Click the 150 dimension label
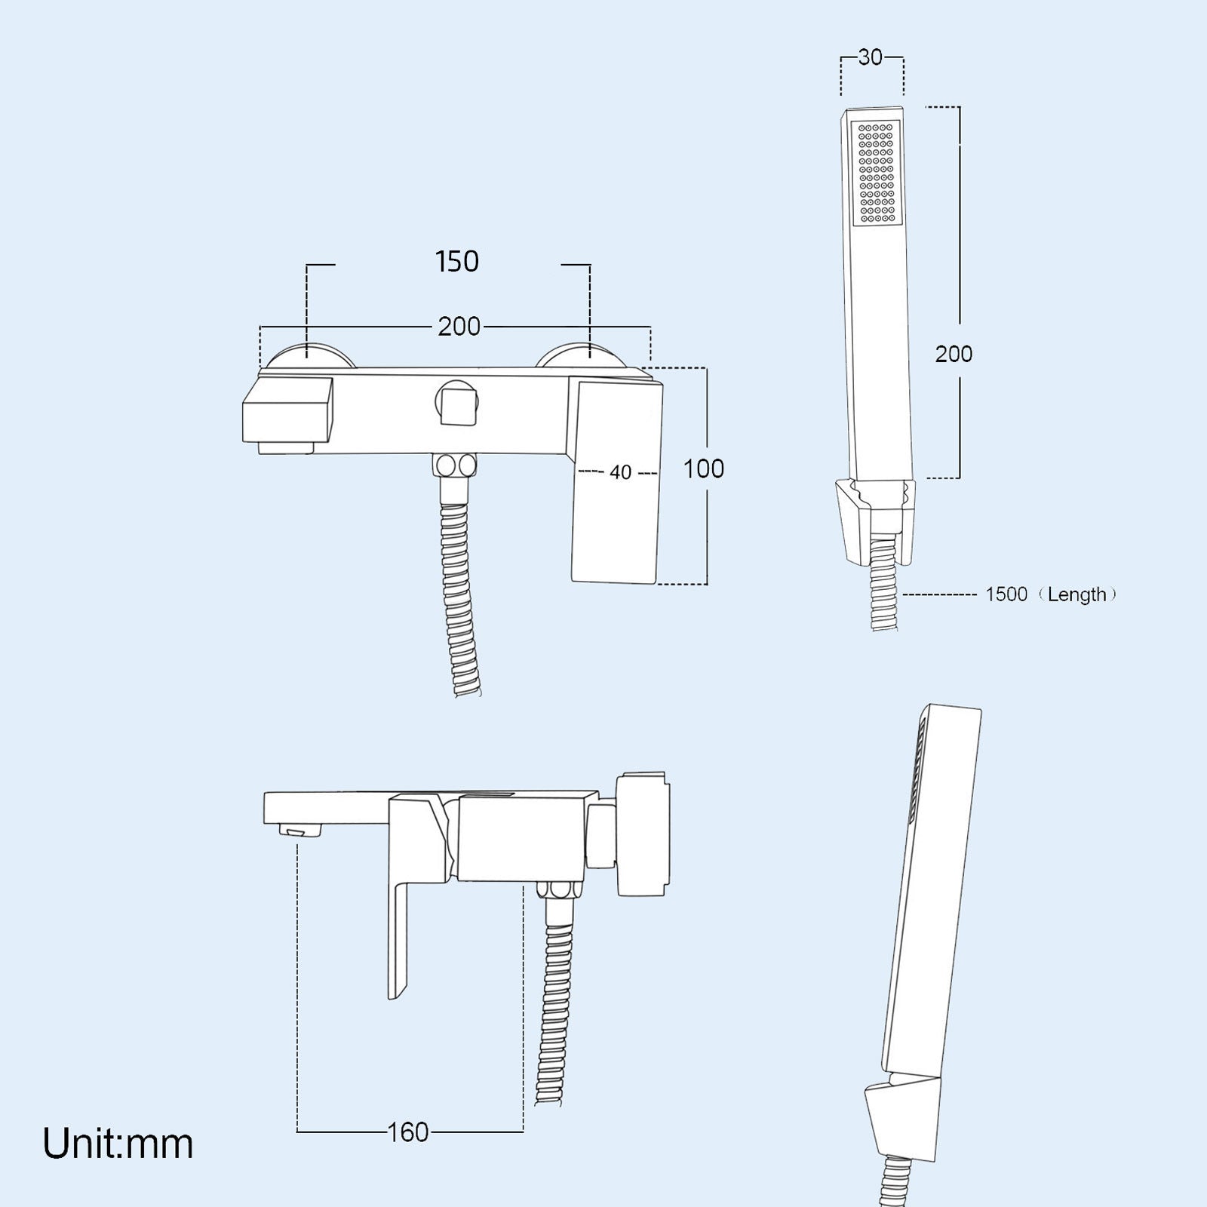pyautogui.click(x=457, y=262)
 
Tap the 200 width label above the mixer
pyautogui.click(x=459, y=327)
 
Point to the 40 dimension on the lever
pyautogui.click(x=620, y=473)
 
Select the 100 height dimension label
pyautogui.click(x=703, y=469)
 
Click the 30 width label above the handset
pyautogui.click(x=871, y=57)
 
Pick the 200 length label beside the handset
pyautogui.click(x=954, y=354)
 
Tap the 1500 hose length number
pyautogui.click(x=1006, y=594)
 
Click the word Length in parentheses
pyautogui.click(x=1076, y=594)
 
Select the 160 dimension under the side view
pyautogui.click(x=407, y=1132)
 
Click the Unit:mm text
pyautogui.click(x=118, y=1144)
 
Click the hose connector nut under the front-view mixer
pyautogui.click(x=455, y=465)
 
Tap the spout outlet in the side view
pyautogui.click(x=302, y=831)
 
